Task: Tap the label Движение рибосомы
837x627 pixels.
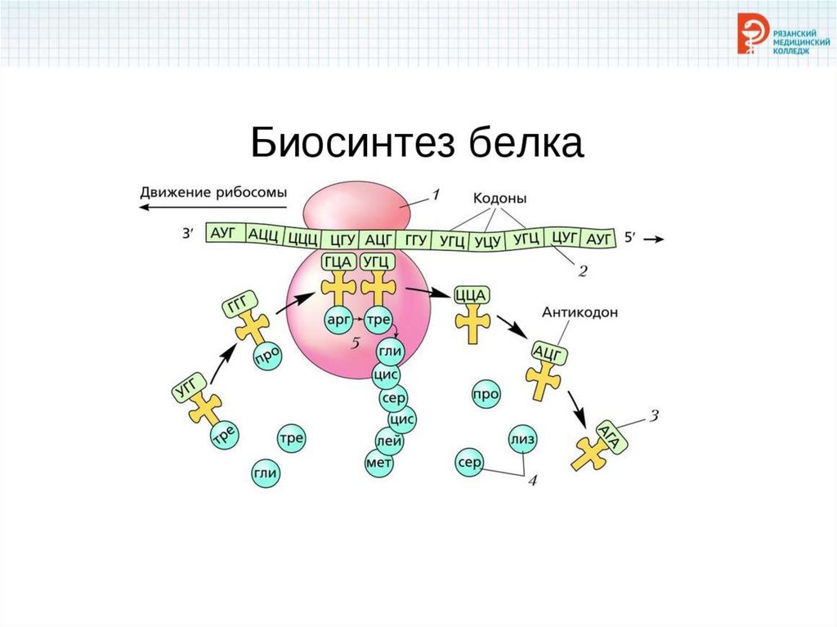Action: [x=213, y=193]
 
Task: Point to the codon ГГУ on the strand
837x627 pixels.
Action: [x=415, y=240]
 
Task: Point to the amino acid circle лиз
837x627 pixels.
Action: [x=522, y=439]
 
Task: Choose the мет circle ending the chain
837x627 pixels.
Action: [x=379, y=464]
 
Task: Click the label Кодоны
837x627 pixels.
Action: [x=499, y=198]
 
